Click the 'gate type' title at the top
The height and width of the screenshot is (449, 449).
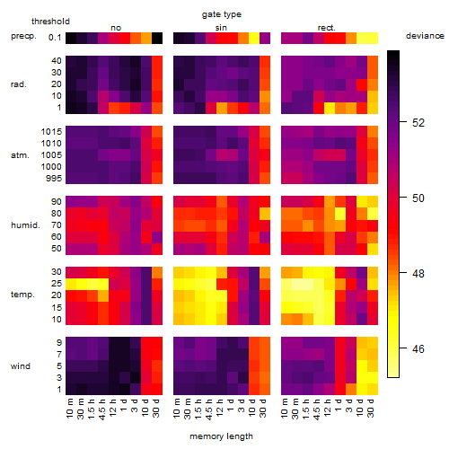coord(222,14)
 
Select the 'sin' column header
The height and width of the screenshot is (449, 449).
coord(221,28)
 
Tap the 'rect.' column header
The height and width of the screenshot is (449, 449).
coord(327,28)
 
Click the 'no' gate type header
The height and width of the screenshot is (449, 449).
coord(116,28)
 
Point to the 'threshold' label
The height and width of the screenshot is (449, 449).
coord(50,22)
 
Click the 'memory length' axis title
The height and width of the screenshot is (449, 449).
coord(222,436)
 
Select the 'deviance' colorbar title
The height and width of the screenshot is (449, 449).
coord(425,36)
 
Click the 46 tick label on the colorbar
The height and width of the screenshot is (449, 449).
coord(418,348)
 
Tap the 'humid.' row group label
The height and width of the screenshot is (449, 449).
coord(25,225)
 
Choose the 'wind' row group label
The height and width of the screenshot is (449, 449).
coord(21,366)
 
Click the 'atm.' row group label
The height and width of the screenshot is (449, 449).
coord(20,155)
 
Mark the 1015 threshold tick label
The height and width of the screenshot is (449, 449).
coord(51,132)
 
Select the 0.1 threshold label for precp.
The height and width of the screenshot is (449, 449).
coord(55,38)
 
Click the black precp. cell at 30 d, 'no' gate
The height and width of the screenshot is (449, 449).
coord(157,38)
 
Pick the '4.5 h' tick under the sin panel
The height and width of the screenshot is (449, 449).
coord(209,409)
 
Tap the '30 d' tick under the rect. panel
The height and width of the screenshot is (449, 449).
coord(371,408)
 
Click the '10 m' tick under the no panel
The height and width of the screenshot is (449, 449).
coord(69,408)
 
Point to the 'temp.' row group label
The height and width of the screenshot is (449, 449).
coord(22,295)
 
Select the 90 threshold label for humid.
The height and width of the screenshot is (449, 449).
coord(56,202)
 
